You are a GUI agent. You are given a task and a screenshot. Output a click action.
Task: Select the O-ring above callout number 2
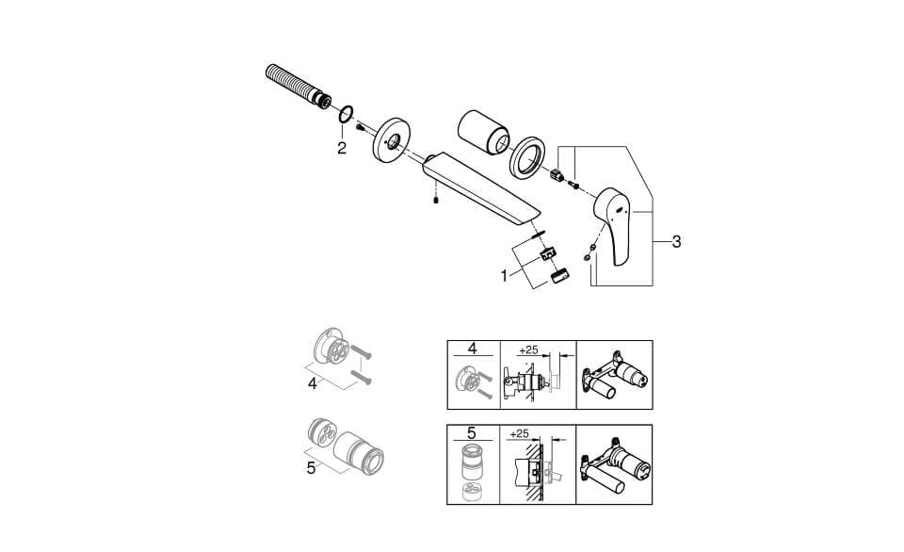click(x=346, y=114)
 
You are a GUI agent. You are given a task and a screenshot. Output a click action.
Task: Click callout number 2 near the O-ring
click(x=342, y=148)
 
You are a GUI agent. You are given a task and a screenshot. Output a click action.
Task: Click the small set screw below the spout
click(x=436, y=201)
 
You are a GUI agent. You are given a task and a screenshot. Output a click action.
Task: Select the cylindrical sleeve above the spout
click(x=484, y=132)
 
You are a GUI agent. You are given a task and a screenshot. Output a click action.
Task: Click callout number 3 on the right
click(x=676, y=242)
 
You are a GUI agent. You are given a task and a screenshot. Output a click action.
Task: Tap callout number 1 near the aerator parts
click(x=504, y=276)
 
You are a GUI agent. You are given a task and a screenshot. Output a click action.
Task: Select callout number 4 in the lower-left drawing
click(x=313, y=383)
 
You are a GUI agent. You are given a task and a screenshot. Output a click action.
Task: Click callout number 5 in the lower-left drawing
click(x=312, y=468)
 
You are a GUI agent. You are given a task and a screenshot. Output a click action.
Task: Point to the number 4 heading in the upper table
click(x=472, y=349)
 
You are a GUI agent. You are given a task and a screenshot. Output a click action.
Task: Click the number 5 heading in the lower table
click(x=472, y=432)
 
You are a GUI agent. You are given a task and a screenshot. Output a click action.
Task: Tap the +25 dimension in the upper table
click(x=528, y=349)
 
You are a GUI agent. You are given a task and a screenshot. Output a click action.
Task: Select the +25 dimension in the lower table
click(x=520, y=433)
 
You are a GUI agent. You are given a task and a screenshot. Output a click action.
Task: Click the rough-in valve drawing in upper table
click(x=615, y=376)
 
